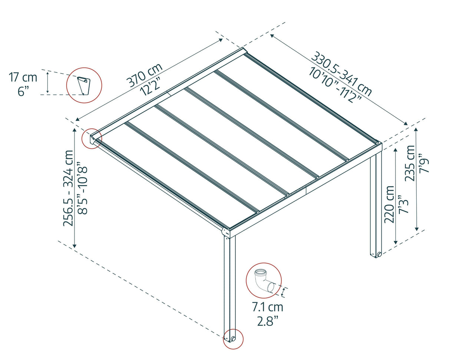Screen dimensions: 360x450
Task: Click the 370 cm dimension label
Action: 144,75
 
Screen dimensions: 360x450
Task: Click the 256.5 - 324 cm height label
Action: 69,188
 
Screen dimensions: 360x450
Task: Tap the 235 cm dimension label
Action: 410,163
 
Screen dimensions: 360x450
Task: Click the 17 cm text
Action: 23,78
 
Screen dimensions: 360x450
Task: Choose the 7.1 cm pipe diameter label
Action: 267,307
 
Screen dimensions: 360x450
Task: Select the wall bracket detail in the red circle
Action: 84,85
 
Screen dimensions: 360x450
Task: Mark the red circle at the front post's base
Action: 233,339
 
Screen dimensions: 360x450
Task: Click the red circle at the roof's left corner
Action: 92,139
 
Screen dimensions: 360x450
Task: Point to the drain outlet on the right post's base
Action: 379,254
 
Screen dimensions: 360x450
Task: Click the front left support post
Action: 230,285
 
